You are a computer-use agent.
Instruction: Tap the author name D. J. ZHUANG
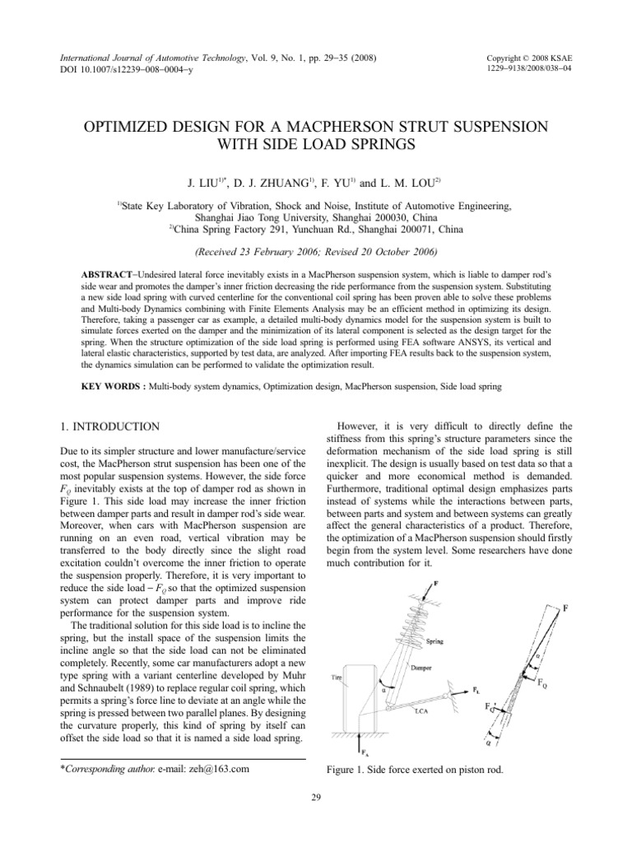coord(272,179)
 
